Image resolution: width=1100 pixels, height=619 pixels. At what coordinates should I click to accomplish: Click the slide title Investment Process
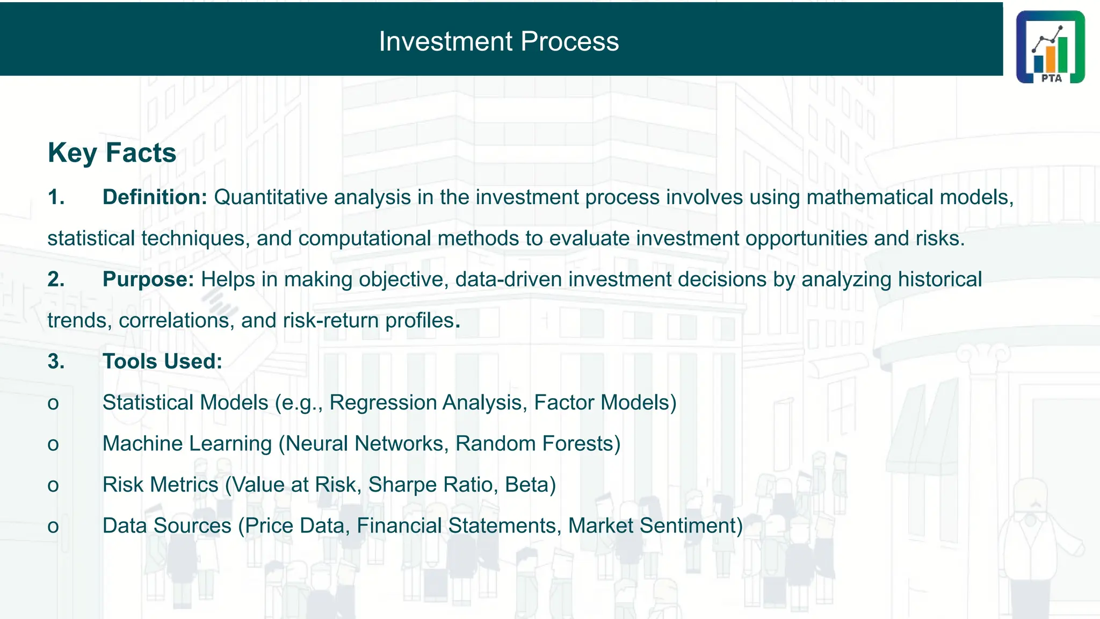point(498,41)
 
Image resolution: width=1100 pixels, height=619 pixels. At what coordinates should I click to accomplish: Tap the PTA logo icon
point(1050,47)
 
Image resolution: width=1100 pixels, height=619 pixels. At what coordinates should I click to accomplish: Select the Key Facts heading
point(112,153)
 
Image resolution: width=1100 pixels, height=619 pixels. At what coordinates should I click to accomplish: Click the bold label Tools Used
point(162,362)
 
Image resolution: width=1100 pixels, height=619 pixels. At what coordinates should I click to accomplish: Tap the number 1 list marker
point(56,197)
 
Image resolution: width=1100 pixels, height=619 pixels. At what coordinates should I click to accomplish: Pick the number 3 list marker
point(56,362)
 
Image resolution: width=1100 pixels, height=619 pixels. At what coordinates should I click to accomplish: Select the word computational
point(365,239)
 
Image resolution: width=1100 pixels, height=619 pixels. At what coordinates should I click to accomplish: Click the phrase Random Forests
point(534,444)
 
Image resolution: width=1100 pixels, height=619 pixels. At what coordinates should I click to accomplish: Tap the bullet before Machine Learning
point(53,444)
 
